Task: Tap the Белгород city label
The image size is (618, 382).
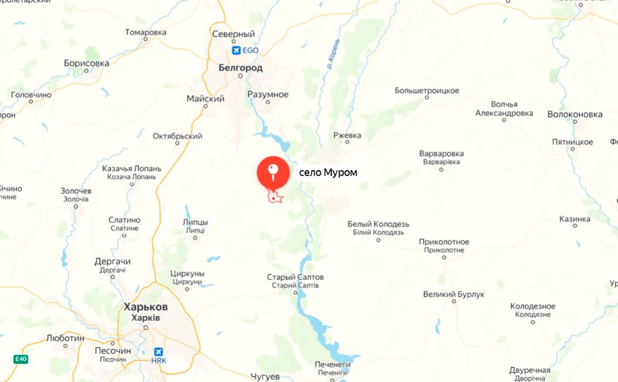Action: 240,68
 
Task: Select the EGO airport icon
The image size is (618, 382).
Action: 236,50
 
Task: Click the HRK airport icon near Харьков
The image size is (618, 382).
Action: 158,352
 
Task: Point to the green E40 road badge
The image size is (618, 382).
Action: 21,359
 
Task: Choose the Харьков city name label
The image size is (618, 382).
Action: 146,307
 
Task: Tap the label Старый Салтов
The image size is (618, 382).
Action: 295,277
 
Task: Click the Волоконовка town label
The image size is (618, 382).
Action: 575,114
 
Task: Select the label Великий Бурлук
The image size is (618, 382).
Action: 454,294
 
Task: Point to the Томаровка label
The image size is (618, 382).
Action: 146,32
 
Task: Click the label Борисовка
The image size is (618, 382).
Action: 86,63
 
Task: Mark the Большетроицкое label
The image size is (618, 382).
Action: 427,91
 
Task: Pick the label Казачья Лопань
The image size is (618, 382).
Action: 131,169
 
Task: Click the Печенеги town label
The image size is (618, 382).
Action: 332,364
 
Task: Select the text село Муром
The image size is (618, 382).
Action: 328,172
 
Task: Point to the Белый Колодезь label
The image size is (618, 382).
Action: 378,224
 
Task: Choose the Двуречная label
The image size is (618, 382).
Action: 529,370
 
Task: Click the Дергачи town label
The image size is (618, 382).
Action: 113,261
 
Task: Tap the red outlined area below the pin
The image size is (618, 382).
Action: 275,197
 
